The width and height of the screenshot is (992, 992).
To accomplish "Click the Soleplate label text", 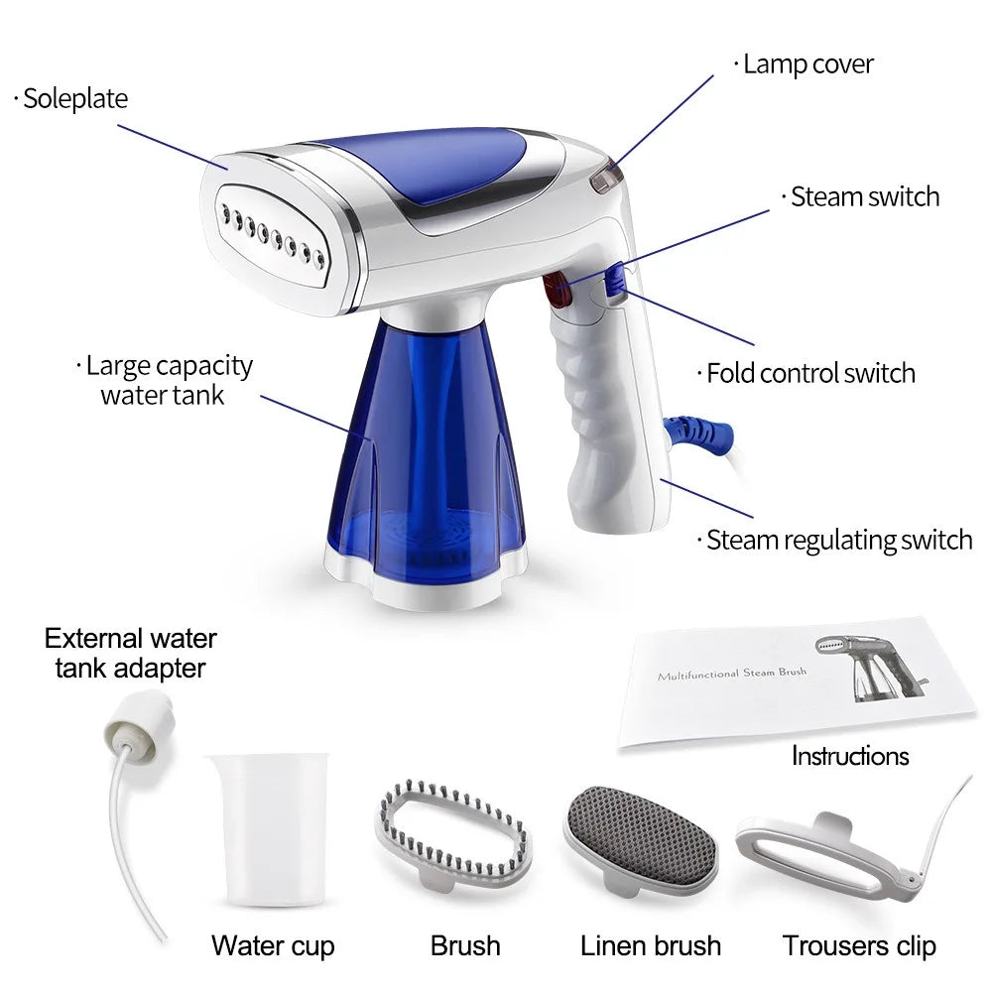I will tap(75, 99).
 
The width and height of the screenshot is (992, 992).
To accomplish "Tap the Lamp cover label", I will tap(807, 65).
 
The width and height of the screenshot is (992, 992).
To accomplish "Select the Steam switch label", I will tap(864, 196).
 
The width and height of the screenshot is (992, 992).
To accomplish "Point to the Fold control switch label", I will tap(809, 374).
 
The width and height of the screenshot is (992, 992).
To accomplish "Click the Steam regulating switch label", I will tap(838, 541).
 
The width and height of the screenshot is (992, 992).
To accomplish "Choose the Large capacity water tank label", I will tap(169, 380).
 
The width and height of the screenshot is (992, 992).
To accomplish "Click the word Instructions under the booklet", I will tap(850, 756).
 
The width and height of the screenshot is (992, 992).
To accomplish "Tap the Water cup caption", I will tap(273, 945).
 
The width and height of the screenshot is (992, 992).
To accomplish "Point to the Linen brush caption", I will tap(651, 945).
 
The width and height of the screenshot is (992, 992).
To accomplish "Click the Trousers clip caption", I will tap(859, 945).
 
